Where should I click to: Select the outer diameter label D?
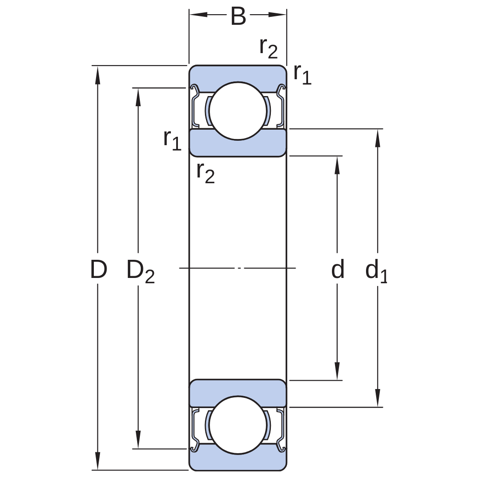pos(98,269)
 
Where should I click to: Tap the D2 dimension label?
pos(141,271)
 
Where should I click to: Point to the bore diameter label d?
pos(337,269)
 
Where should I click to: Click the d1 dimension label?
pos(376,271)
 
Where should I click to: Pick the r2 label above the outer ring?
pos(269,48)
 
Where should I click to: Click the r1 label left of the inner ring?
pos(172,140)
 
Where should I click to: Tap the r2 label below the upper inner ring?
pos(205,173)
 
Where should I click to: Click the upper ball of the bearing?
pos(238,111)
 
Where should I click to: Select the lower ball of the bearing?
pos(238,425)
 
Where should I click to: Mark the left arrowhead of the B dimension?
pos(198,14)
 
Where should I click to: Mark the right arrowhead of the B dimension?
pos(278,14)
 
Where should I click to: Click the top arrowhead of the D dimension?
pos(97,75)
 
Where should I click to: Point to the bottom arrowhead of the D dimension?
pos(97,461)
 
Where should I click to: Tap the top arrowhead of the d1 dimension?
pos(378,139)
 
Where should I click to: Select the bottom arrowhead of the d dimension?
pos(337,371)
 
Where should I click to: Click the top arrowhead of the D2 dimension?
pos(138,97)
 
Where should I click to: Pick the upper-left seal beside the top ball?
pos(195,106)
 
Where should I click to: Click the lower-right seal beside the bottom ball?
pos(281,430)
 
